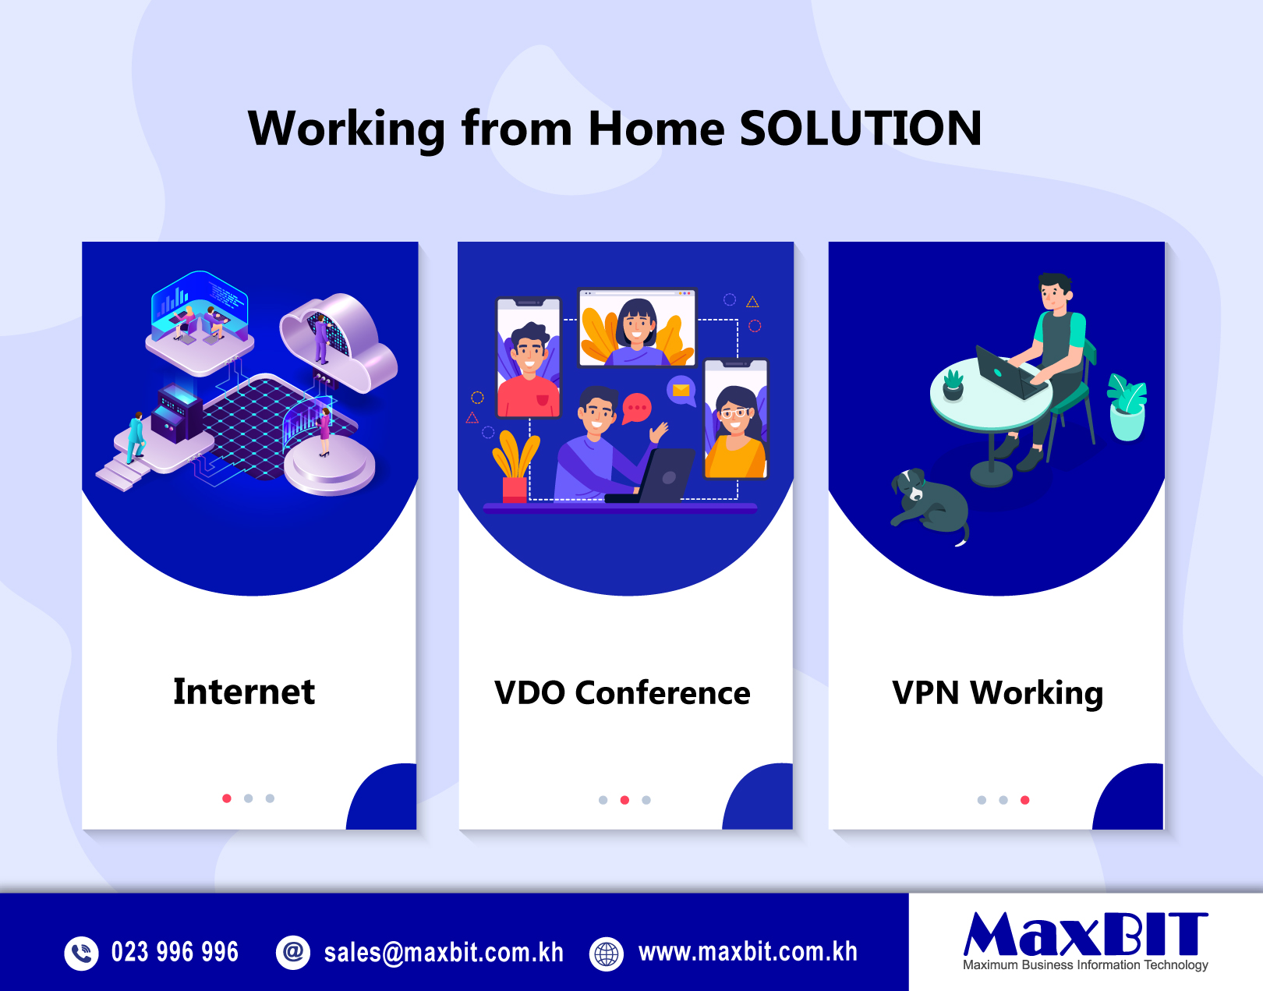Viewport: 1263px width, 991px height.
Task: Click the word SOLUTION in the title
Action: coord(860,129)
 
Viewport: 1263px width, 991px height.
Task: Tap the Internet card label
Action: coord(244,692)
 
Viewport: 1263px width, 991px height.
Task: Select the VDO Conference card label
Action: coord(622,693)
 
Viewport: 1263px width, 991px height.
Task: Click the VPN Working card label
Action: coord(997,694)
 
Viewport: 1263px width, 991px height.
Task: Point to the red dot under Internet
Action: coord(227,798)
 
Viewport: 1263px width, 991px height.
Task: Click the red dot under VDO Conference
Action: coord(624,800)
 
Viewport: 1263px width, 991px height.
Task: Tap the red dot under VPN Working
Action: coord(1024,800)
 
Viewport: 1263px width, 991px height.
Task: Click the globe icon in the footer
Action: coord(607,954)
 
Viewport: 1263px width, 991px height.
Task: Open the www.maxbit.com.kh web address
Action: coord(748,952)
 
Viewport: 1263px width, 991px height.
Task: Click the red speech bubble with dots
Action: coord(636,408)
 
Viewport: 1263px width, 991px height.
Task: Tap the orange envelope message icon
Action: coord(681,391)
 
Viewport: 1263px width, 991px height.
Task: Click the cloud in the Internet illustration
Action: coord(338,342)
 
